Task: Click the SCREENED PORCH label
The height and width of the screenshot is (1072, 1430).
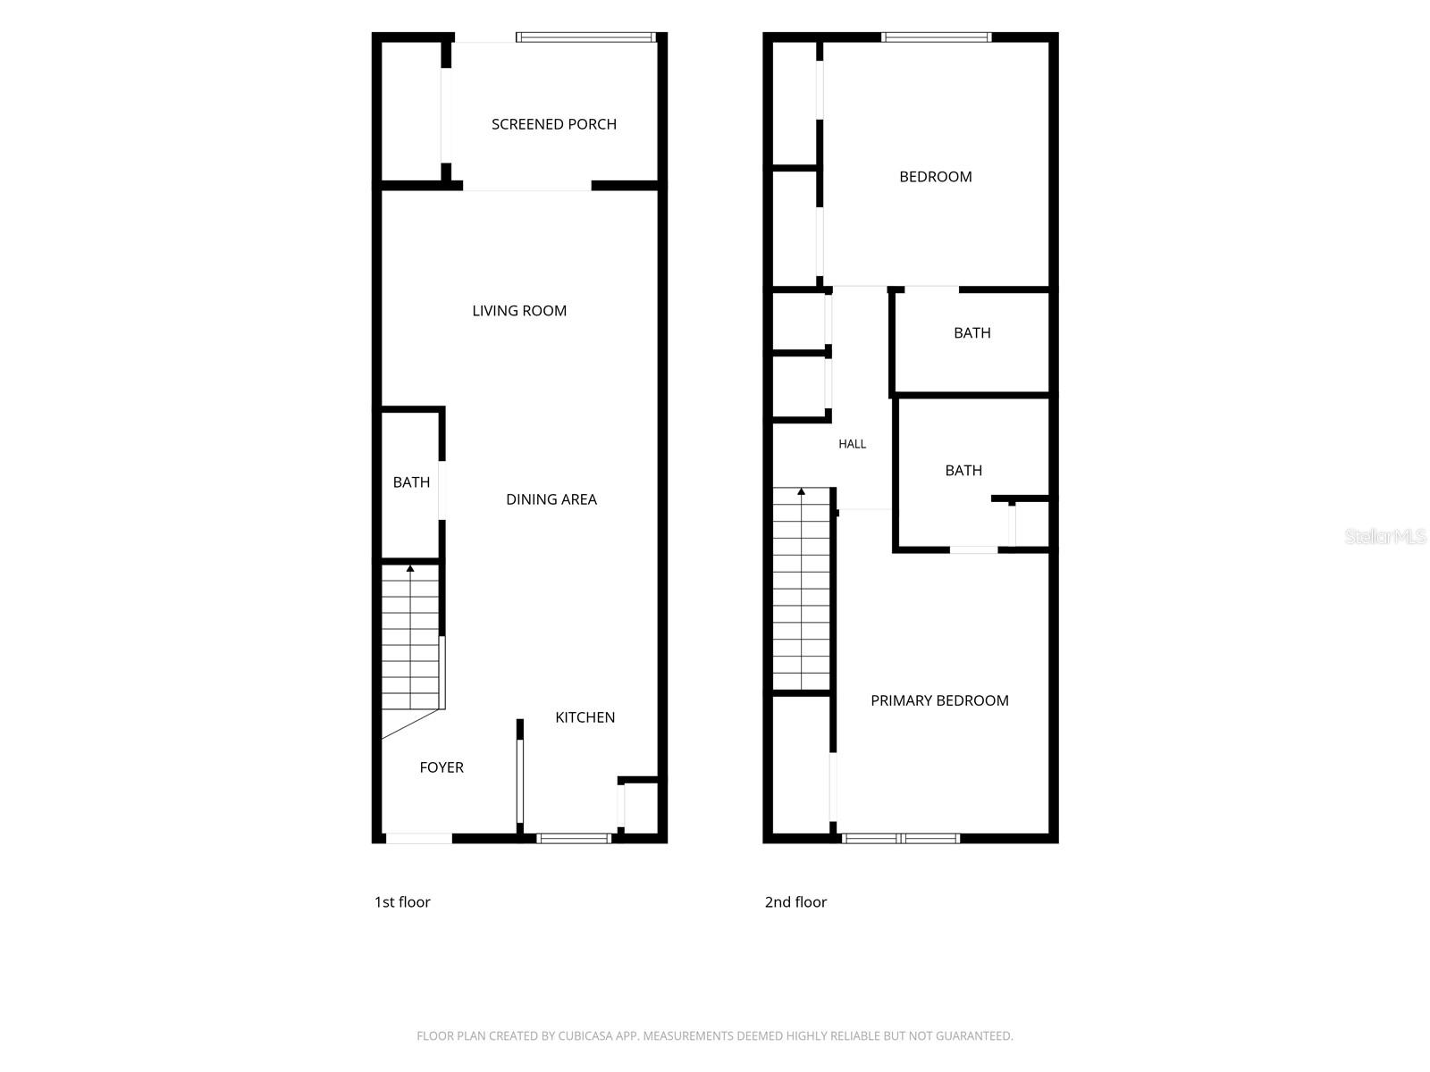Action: tap(553, 124)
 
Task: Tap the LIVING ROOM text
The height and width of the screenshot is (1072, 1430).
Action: tap(519, 311)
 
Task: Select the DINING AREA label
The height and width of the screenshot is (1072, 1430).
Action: tap(551, 499)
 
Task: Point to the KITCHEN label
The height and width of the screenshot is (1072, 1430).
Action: tap(585, 717)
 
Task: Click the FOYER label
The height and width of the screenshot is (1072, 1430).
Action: tap(441, 767)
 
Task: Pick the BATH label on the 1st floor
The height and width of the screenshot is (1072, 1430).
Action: tap(411, 482)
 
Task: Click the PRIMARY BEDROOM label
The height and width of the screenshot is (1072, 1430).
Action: tap(939, 700)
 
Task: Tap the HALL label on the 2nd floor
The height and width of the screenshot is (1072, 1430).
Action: tap(852, 444)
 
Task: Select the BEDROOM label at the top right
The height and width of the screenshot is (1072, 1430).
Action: tap(936, 177)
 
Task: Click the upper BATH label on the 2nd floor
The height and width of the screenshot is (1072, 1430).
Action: tap(972, 333)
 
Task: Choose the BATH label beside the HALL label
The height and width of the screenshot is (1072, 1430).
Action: tap(963, 471)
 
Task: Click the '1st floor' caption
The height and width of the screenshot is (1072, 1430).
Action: tap(402, 902)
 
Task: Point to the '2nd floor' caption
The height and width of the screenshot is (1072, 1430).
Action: tap(795, 902)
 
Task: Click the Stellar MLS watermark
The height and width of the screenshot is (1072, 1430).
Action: tap(1385, 536)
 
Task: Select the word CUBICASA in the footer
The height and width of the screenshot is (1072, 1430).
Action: tap(584, 1035)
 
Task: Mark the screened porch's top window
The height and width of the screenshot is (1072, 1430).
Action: tap(585, 38)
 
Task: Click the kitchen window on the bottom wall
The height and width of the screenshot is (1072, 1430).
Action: tap(573, 838)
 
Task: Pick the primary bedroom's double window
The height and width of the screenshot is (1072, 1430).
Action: tap(900, 838)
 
